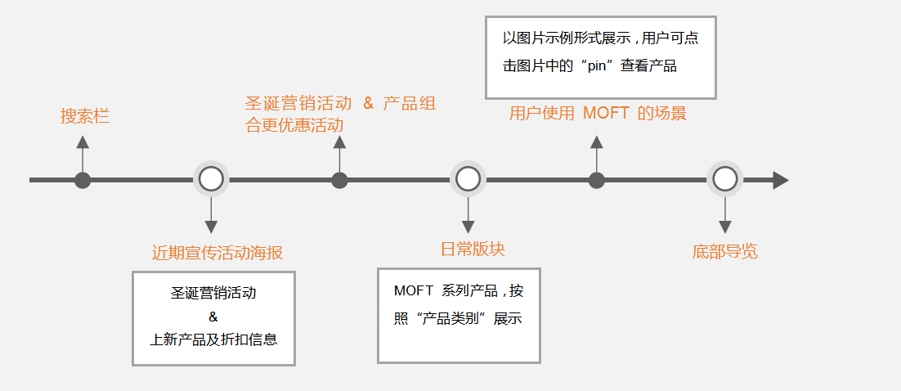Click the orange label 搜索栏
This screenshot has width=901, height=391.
[85, 117]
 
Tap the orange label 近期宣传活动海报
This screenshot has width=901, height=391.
[217, 253]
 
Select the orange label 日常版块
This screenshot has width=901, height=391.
[467, 249]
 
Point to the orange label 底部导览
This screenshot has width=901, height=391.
[724, 251]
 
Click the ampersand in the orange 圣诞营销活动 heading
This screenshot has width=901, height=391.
[368, 104]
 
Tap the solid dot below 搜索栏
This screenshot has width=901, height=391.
[83, 180]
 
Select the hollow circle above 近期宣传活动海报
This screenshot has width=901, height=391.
[211, 179]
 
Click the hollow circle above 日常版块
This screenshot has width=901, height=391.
[468, 179]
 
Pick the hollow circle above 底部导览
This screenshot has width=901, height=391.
[724, 179]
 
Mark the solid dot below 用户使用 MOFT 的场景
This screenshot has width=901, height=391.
[597, 180]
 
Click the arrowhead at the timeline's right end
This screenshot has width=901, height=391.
[780, 180]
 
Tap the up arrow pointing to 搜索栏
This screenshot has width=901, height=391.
[83, 144]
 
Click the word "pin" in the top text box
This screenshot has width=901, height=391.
[600, 65]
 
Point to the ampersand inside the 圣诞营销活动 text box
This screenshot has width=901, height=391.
[213, 317]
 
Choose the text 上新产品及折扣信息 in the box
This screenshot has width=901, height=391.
[213, 339]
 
